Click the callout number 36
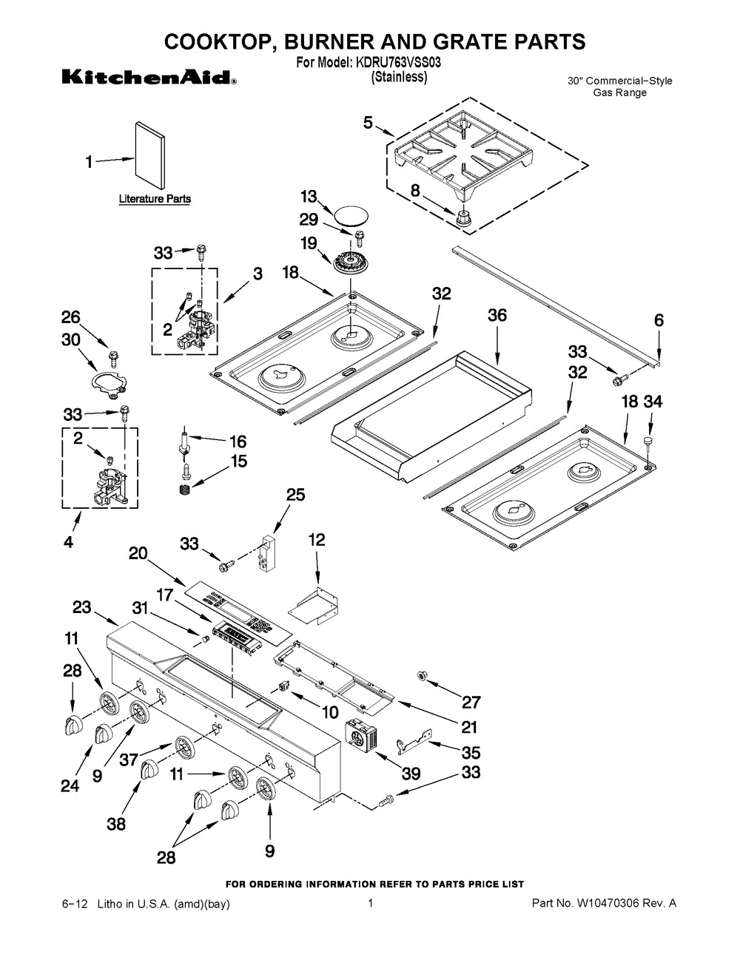tap(497, 316)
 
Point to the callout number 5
tap(368, 124)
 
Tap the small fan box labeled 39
tap(362, 734)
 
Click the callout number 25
tap(295, 496)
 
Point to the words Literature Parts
tap(155, 199)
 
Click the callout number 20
tap(138, 552)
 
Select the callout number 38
tap(117, 824)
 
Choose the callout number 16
tap(237, 442)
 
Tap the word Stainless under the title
tap(398, 77)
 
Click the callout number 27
tap(471, 702)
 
